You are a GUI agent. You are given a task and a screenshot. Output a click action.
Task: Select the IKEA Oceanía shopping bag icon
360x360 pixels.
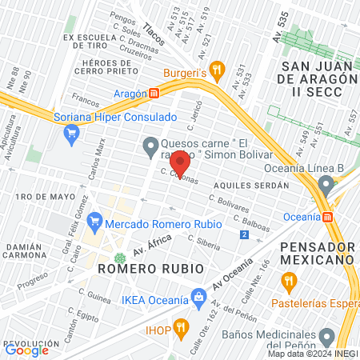(x=198, y=297)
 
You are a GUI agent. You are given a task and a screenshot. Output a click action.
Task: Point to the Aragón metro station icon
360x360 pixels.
(x=154, y=93)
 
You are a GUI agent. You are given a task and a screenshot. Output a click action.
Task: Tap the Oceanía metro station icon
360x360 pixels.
(x=327, y=216)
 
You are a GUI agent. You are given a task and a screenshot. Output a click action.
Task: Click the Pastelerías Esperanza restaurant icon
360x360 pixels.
(x=289, y=282)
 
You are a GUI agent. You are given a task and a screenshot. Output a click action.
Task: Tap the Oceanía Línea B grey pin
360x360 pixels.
(x=325, y=186)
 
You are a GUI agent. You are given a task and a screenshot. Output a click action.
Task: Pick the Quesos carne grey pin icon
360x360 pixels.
(x=150, y=145)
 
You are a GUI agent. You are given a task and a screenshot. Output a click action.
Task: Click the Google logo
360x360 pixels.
(x=26, y=350)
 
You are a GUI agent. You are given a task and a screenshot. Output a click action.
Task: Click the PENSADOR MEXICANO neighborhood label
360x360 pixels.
(x=317, y=252)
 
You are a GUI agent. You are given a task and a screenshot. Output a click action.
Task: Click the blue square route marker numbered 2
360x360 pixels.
(x=243, y=234)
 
